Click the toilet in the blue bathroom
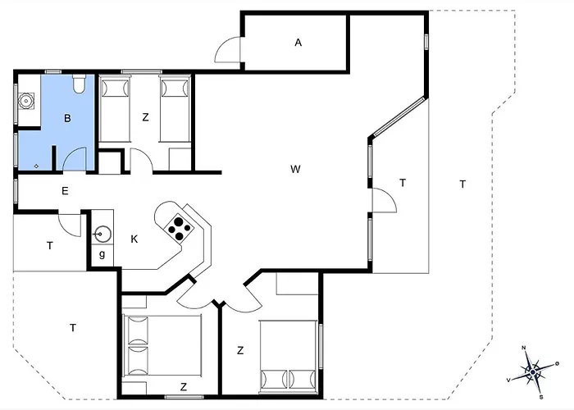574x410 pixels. pos(79,84)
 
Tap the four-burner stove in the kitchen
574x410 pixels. pos(179,228)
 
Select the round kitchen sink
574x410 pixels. pos(102,234)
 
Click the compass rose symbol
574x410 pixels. pos(533,372)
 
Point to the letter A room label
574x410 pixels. pos(298,43)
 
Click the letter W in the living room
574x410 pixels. pos(295,169)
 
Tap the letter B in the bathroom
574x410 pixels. pos(67,118)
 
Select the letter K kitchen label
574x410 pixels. pos(134,239)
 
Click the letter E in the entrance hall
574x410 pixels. pos(65,191)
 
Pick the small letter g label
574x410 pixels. pos(102,253)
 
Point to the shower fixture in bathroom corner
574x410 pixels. pos(26,101)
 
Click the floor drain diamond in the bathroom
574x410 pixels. pos(36,166)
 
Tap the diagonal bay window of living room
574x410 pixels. pos(399,116)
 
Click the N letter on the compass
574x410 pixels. pos(524,348)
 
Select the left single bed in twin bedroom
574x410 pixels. pos(115,109)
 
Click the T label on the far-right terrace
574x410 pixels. pos(462,184)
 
